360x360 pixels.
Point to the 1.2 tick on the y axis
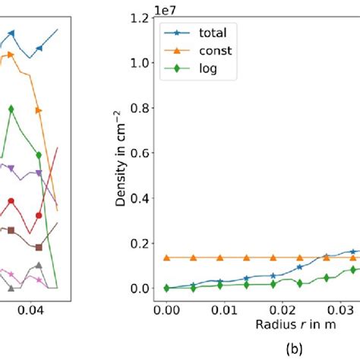(141, 16)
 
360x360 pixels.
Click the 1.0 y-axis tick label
(141, 62)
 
